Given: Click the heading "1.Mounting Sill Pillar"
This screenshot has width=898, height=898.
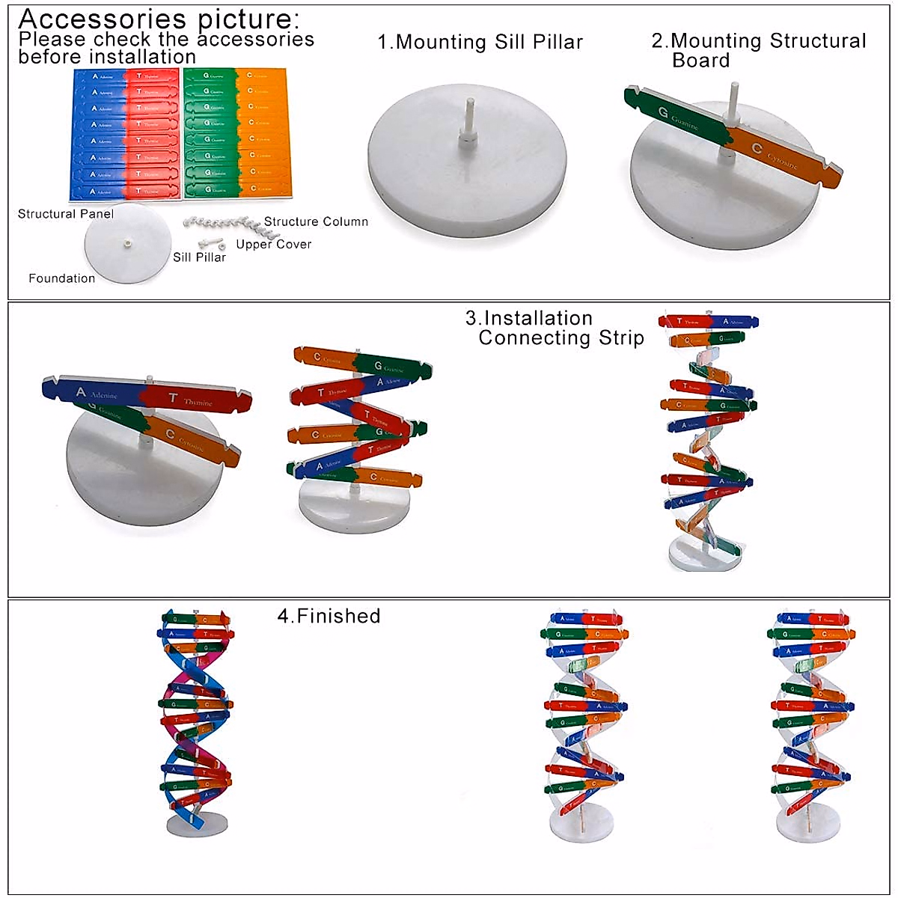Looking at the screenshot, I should point(480,43).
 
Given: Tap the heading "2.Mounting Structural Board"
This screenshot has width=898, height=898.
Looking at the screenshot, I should point(758,50).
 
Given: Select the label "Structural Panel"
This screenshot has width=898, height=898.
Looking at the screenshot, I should point(66,214).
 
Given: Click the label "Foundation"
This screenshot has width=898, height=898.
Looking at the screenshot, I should point(62,278).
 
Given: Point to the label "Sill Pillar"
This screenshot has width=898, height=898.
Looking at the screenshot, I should point(199,257).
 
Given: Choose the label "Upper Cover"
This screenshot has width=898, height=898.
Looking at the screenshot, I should point(273,245).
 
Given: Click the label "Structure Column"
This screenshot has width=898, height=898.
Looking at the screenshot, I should point(316,222).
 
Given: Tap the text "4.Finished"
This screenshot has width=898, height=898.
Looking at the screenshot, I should point(329,616).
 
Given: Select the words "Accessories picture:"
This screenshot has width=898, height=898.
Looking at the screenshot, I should point(159,18).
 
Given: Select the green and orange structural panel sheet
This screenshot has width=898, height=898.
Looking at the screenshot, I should point(235,132).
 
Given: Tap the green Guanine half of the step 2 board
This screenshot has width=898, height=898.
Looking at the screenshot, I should point(677,120).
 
